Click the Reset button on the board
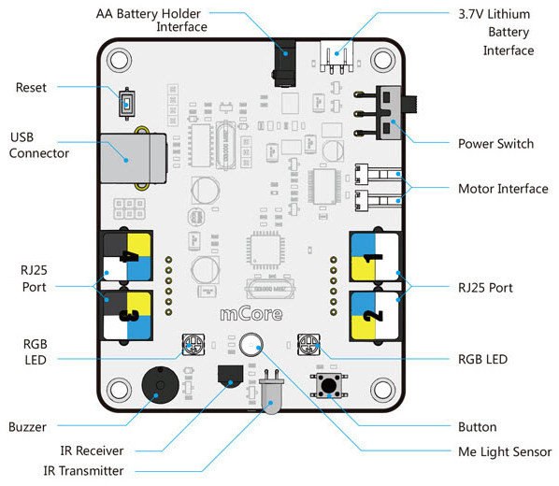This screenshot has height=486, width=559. click(127, 104)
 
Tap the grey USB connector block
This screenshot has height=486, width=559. click(134, 158)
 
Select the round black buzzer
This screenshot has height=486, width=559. click(160, 385)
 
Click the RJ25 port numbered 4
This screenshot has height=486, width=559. click(127, 256)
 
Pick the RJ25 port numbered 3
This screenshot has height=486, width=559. click(127, 315)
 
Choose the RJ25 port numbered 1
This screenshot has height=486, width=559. click(376, 256)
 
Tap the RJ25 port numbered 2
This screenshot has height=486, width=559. click(376, 316)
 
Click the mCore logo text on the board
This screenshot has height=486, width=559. click(251, 314)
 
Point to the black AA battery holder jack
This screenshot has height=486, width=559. click(285, 64)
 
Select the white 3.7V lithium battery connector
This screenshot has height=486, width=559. click(337, 56)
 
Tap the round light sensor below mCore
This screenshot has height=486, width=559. click(251, 345)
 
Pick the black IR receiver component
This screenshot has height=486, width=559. click(230, 376)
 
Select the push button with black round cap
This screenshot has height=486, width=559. click(329, 385)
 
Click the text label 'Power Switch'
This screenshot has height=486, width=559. click(495, 144)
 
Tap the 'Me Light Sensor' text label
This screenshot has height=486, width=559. click(505, 451)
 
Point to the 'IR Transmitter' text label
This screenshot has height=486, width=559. click(83, 471)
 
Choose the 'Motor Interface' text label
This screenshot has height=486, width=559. click(503, 189)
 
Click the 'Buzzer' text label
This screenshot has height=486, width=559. click(27, 427)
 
